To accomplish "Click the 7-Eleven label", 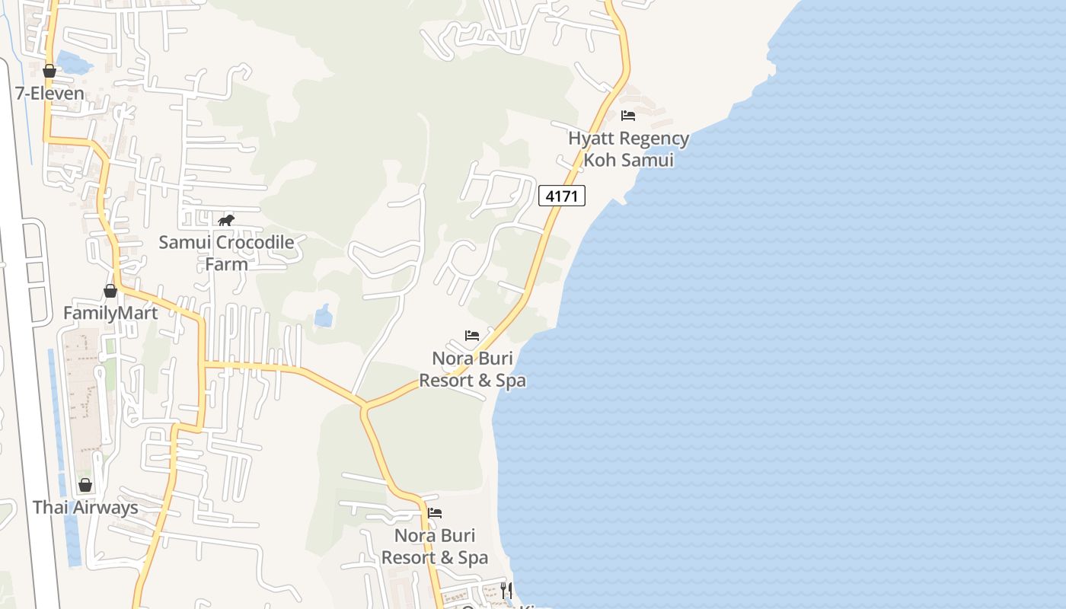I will tap(49, 94).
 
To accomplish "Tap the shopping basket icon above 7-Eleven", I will tap(49, 72).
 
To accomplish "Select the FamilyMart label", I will tap(110, 313).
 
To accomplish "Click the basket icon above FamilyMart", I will tap(110, 291).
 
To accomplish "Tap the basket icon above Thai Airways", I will tap(85, 486).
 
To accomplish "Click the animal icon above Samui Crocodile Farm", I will tap(225, 221).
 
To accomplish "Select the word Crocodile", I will tap(255, 243).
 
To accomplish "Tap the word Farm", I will tap(226, 264).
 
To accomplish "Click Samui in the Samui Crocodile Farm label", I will tap(185, 243).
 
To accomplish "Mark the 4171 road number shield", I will tap(562, 196).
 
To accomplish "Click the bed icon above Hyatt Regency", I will tap(628, 116).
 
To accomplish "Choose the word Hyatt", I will tap(592, 139).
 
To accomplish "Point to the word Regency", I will tap(655, 139).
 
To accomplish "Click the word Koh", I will tap(600, 160).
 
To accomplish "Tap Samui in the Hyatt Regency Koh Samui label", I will tap(646, 160).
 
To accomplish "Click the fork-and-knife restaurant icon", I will tap(506, 590).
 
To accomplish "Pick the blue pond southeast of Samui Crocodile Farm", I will tap(324, 316).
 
